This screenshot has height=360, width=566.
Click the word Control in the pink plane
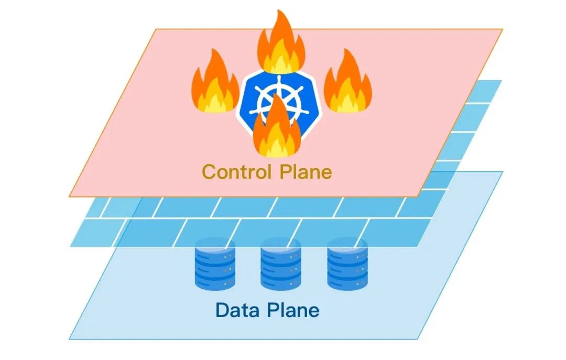[x=237, y=171]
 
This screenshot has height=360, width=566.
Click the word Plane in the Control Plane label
[x=306, y=171]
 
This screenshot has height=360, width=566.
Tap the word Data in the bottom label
[x=237, y=310]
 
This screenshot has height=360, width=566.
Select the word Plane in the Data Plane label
[x=293, y=310]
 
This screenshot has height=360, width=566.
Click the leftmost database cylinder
[x=215, y=264]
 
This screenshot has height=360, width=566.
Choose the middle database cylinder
[x=281, y=264]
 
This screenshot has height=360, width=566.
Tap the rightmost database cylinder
[x=347, y=264]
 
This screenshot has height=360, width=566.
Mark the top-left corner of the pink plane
[x=156, y=29]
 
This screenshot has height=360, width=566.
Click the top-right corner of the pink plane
[x=503, y=29]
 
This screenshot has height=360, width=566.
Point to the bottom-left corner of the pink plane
[x=69, y=197]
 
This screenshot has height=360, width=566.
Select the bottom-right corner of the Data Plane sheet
[x=418, y=340]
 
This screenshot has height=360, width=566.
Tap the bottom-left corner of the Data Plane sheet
[x=69, y=340]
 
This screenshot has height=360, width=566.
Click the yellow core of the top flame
[x=281, y=61]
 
